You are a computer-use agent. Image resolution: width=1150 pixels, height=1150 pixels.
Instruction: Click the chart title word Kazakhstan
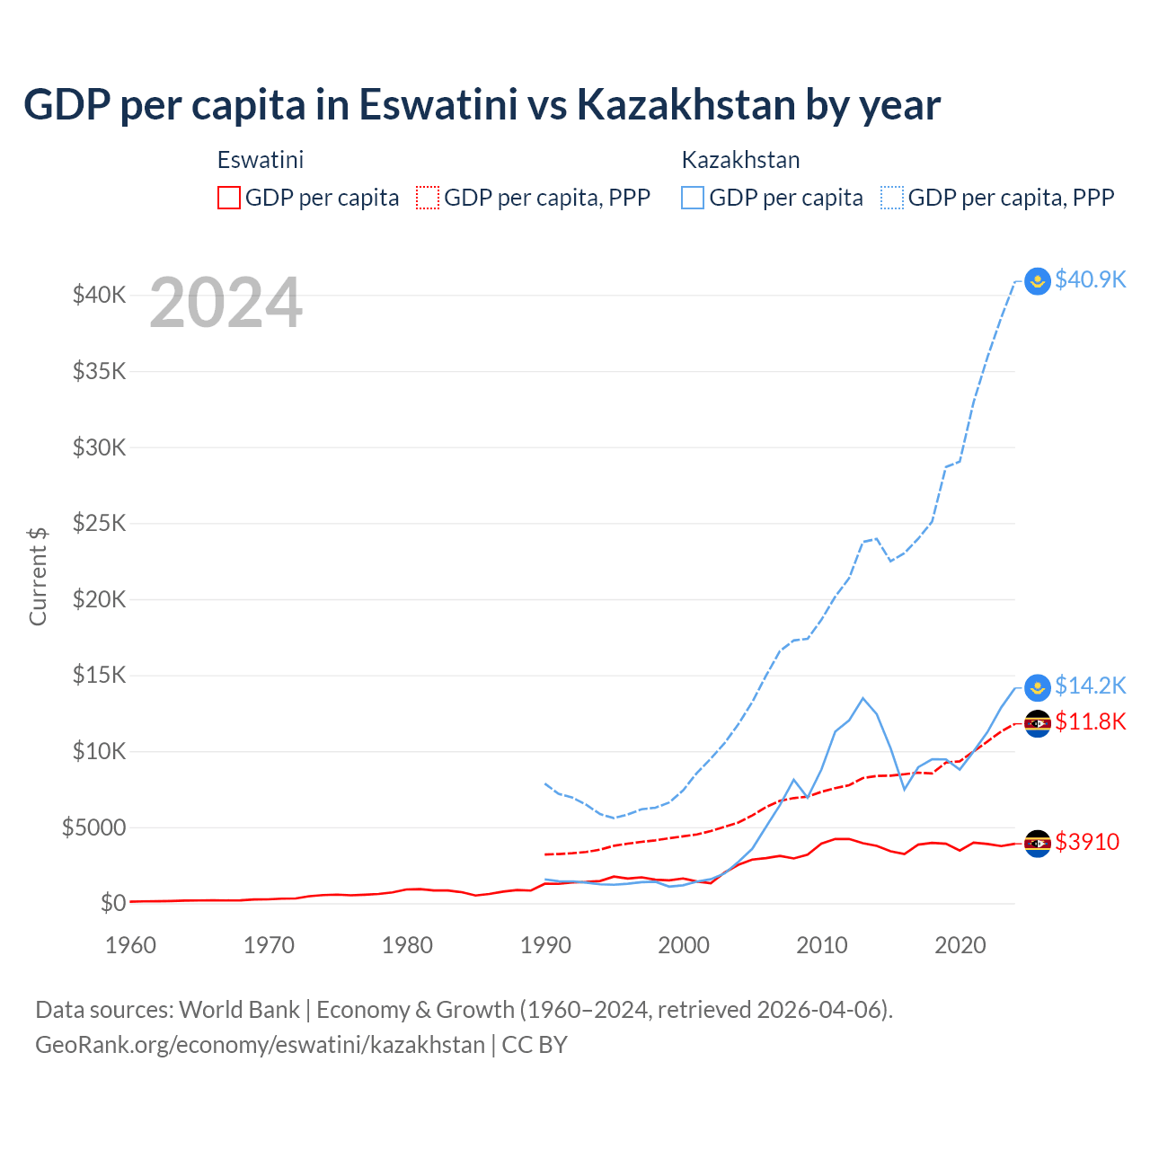click(686, 105)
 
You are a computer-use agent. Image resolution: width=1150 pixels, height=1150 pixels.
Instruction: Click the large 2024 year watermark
click(226, 304)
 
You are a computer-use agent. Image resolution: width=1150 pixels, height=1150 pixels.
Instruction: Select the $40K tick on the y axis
click(99, 295)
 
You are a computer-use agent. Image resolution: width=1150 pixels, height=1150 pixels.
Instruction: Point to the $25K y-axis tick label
click(99, 523)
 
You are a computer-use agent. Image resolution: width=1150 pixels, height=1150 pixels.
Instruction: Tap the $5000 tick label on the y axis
click(93, 827)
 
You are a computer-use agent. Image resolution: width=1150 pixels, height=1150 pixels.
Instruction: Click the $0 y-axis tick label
click(112, 903)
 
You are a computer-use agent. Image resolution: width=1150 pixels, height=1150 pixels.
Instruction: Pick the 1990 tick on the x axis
click(545, 945)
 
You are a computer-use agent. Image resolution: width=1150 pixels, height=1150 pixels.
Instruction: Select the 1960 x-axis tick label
click(131, 945)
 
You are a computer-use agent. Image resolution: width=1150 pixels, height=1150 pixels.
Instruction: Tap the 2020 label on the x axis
click(960, 945)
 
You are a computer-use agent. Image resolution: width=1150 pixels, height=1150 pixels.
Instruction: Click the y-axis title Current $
click(38, 576)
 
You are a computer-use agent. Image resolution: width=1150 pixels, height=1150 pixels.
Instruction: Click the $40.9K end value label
click(1090, 280)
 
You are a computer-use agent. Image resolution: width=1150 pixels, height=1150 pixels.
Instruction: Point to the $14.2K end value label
click(1090, 686)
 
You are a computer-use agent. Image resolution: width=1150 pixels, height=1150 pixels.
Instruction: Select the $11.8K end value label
click(1090, 722)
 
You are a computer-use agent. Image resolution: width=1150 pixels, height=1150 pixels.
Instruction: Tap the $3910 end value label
click(1087, 843)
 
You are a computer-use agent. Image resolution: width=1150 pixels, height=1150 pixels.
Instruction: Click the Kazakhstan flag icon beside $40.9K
click(1038, 281)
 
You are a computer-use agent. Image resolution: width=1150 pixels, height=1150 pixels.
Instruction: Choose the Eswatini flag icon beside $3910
click(1038, 843)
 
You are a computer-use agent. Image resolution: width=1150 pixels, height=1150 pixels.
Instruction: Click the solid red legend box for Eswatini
click(229, 198)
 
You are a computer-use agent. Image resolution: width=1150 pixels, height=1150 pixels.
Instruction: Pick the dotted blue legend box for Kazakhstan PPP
click(892, 198)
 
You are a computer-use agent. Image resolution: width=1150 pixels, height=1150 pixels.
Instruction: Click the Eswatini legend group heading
click(261, 160)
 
